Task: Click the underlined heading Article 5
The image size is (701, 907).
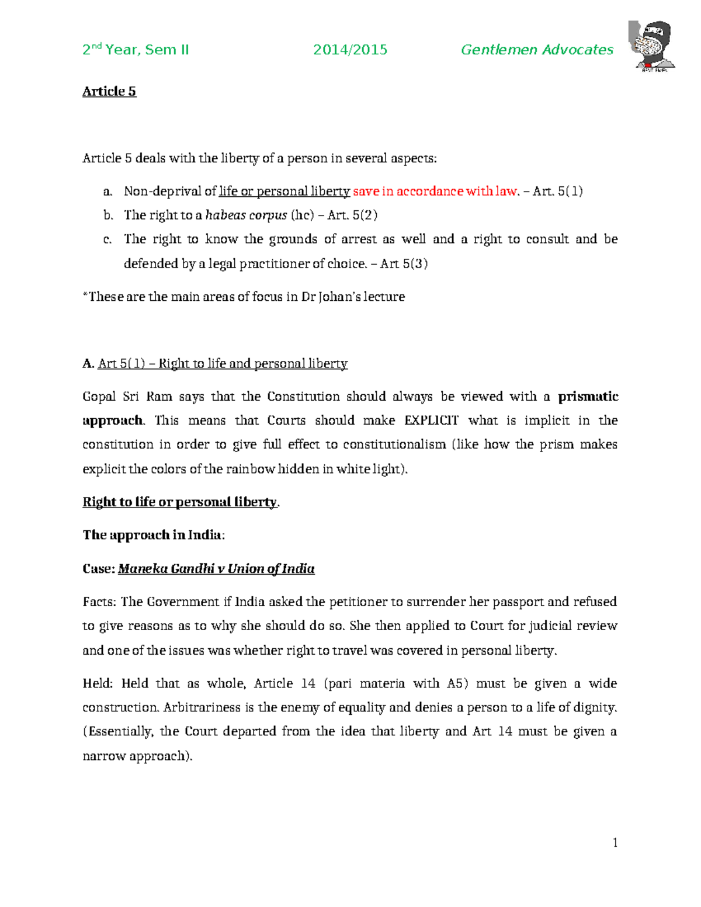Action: pos(109,91)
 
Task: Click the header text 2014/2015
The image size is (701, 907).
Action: pos(350,50)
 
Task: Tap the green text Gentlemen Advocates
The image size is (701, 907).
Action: pos(537,50)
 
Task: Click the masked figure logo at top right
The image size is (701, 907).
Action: pos(653,46)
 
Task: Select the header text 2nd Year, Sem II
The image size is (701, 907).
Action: pos(136,50)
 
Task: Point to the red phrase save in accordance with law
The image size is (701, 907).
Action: pos(435,192)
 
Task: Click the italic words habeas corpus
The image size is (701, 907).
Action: pos(246,216)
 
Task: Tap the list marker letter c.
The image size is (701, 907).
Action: pos(107,239)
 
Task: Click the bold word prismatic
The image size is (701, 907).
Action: pos(588,397)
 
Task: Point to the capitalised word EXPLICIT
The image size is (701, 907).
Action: pos(431,421)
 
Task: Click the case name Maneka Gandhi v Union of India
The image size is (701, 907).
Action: pos(216,569)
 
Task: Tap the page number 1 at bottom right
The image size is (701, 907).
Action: pos(615,842)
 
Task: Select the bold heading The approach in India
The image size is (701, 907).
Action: pos(153,535)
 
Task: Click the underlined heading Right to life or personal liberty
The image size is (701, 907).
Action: pos(180,502)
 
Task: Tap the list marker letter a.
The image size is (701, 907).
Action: pos(107,192)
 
